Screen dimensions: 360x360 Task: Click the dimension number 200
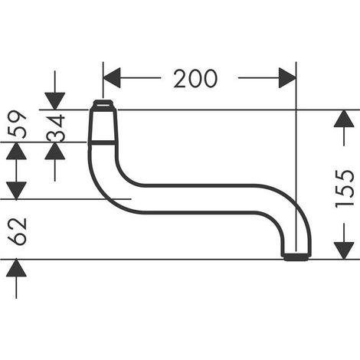click(195, 78)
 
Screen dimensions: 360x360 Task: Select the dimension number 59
click(17, 124)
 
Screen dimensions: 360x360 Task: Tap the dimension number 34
click(56, 128)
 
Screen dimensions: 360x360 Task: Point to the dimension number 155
click(345, 188)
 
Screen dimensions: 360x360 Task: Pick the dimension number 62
click(17, 231)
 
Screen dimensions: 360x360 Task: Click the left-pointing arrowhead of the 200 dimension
click(112, 78)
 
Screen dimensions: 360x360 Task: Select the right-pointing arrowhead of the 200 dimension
click(287, 78)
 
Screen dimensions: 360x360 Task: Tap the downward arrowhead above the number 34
click(55, 101)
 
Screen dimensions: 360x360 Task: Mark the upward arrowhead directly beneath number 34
click(55, 151)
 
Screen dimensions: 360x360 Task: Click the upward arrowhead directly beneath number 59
click(16, 151)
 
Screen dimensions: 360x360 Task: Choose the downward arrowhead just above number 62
click(16, 190)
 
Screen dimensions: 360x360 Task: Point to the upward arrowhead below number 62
click(16, 268)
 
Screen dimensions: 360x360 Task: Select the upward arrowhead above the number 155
click(344, 119)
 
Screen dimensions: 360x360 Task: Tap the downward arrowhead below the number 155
click(344, 250)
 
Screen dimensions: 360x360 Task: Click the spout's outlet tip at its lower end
click(296, 257)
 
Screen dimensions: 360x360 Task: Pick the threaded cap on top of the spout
click(103, 105)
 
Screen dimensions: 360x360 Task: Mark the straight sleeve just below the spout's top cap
click(103, 126)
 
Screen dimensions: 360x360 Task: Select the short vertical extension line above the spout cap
click(103, 80)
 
